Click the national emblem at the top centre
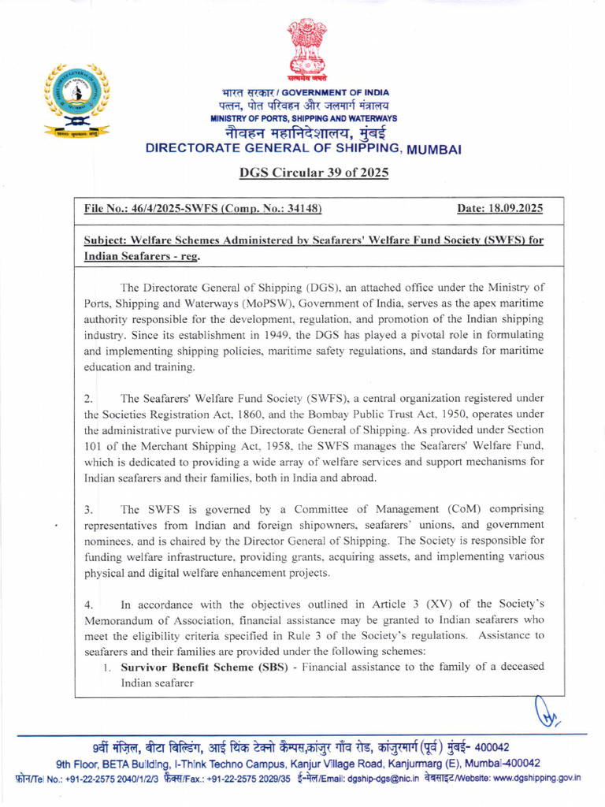pyautogui.click(x=306, y=51)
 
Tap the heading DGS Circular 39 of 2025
pyautogui.click(x=314, y=173)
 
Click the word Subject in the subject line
pyautogui.click(x=108, y=240)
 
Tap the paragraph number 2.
pyautogui.click(x=88, y=399)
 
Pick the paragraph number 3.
pyautogui.click(x=88, y=510)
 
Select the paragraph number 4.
pyautogui.click(x=88, y=604)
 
